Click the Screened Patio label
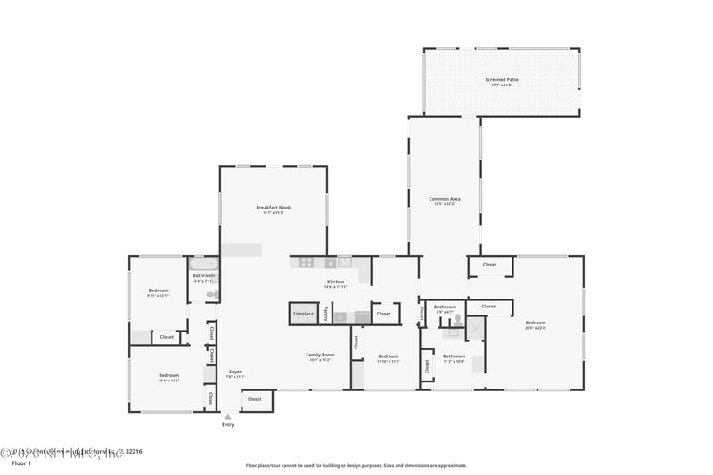[x=502, y=80]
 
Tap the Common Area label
[x=444, y=199]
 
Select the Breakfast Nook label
[x=273, y=208]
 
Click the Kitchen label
[x=335, y=283]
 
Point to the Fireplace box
[x=303, y=314]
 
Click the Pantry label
[x=325, y=314]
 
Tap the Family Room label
[x=319, y=355]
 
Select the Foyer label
[x=235, y=372]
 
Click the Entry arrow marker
[x=228, y=416]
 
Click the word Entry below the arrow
[x=228, y=425]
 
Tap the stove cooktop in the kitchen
[x=307, y=263]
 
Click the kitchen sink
[x=344, y=262]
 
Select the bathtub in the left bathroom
[x=204, y=264]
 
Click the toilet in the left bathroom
[x=212, y=294]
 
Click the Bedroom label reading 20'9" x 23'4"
[x=535, y=323]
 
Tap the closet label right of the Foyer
[x=255, y=399]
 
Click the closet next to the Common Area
[x=489, y=265]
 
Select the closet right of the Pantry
[x=383, y=314]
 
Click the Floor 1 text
[x=21, y=463]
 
